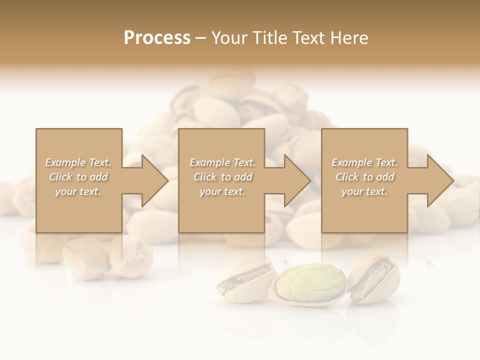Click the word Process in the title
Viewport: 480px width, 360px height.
(x=157, y=38)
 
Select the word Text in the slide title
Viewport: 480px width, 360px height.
(x=306, y=38)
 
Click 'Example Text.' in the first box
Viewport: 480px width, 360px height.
(x=78, y=162)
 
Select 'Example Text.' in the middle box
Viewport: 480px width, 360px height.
(x=222, y=162)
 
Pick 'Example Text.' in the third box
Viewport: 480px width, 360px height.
(x=364, y=162)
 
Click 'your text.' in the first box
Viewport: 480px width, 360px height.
(x=78, y=191)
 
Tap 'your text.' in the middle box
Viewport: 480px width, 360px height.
(x=222, y=191)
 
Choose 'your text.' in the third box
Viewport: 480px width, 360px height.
(x=364, y=191)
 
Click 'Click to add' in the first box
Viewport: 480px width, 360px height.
(x=78, y=177)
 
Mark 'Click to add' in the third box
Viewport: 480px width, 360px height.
(x=364, y=177)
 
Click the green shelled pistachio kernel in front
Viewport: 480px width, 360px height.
(x=310, y=283)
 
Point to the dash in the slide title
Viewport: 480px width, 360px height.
(x=201, y=38)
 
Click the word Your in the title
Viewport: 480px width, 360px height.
(x=228, y=38)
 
